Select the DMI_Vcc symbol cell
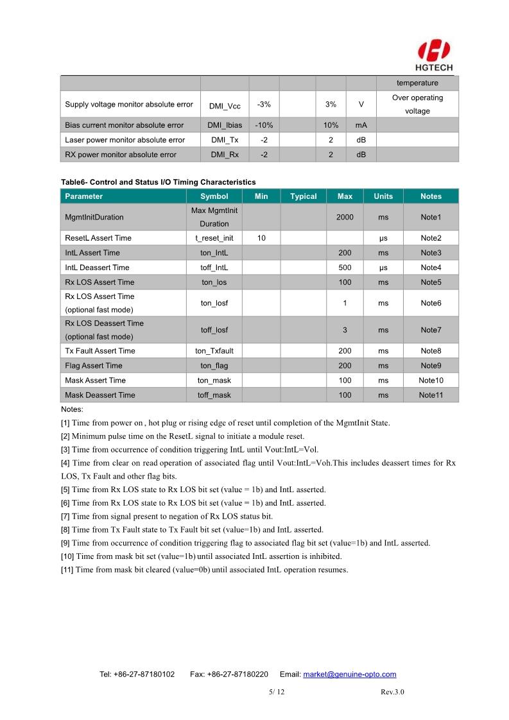(x=225, y=105)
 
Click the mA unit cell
(x=361, y=125)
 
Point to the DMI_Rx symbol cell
(x=225, y=155)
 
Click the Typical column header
(x=303, y=196)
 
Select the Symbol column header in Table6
(x=214, y=196)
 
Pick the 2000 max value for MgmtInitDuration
(x=345, y=218)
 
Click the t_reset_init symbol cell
(x=214, y=238)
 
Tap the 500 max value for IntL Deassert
(x=345, y=268)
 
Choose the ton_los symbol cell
(x=214, y=282)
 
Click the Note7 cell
(x=431, y=330)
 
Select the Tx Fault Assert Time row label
(x=100, y=351)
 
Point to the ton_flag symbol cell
(x=214, y=366)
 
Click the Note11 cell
(x=431, y=395)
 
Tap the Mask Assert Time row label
(x=96, y=381)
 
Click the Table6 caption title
(x=158, y=182)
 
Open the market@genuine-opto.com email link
(x=349, y=674)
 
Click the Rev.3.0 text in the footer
(x=392, y=692)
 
